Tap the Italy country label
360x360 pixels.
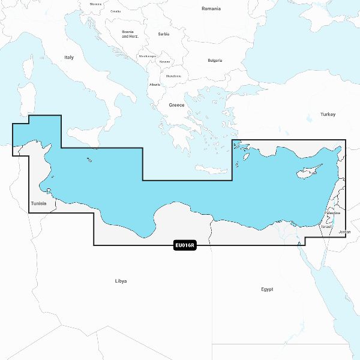click(69, 58)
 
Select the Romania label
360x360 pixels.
click(211, 9)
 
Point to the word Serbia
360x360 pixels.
click(164, 34)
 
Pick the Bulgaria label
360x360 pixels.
click(215, 61)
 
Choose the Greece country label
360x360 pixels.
click(176, 105)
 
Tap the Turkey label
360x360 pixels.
click(328, 114)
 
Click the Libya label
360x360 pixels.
click(121, 281)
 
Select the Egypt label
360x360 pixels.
click(267, 289)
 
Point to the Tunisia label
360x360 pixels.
click(38, 204)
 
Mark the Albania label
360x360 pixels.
click(155, 85)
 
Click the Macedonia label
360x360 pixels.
click(173, 76)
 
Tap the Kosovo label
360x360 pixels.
click(164, 62)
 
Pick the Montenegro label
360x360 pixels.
click(148, 56)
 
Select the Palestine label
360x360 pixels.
click(332, 213)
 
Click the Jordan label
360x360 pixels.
click(344, 232)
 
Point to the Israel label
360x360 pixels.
click(326, 227)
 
